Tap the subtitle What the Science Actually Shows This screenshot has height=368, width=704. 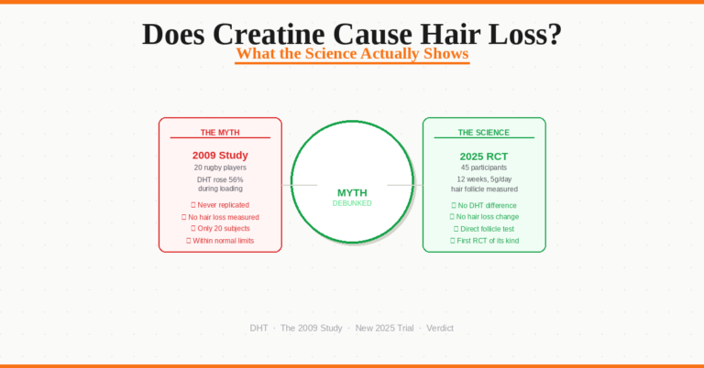point(352,54)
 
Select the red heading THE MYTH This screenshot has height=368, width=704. point(220,133)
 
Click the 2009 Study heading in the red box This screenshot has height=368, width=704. point(220,155)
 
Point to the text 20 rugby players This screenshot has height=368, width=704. point(220,168)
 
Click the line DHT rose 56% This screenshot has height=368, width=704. point(220,179)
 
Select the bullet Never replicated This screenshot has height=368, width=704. point(220,205)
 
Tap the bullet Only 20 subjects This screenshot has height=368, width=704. point(220,228)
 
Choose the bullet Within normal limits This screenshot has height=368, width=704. point(220,241)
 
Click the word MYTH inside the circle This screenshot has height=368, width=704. point(352,192)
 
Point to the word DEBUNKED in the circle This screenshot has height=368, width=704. point(352,203)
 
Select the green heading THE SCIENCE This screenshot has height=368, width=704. point(484,133)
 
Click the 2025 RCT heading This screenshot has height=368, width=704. point(484,155)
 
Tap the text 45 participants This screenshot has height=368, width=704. point(484,168)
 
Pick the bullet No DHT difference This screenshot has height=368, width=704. point(484,205)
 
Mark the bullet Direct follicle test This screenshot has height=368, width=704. point(484,228)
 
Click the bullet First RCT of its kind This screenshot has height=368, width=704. point(484,240)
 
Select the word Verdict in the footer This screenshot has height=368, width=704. point(440,328)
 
